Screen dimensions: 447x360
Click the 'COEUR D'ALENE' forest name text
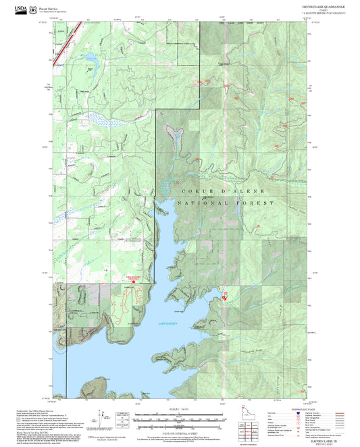tap(215, 192)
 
